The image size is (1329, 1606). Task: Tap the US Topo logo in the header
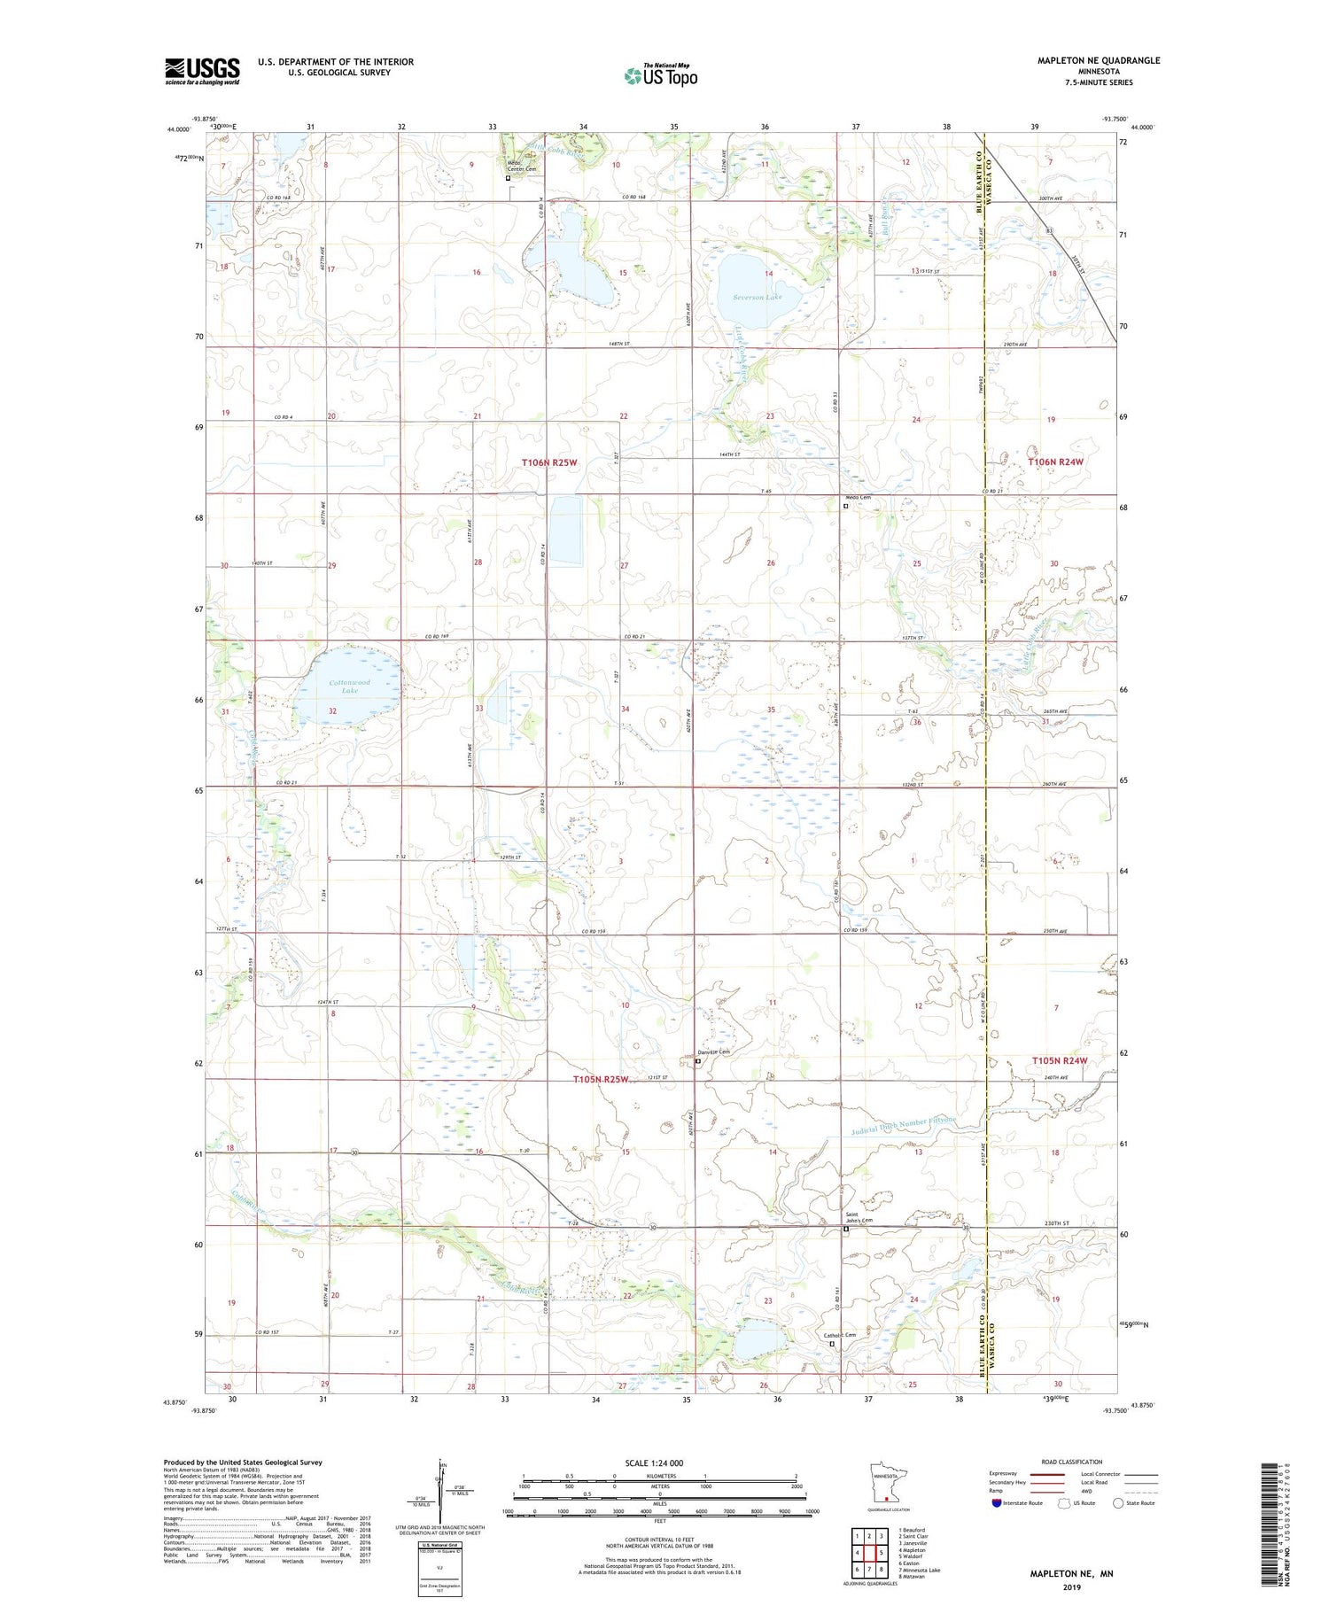661,76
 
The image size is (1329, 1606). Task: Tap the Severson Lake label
758,298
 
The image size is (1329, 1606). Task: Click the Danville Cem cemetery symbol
698,1060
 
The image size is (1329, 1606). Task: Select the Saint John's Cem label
858,1218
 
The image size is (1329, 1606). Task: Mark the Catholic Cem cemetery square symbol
832,1344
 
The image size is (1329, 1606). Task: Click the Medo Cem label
858,498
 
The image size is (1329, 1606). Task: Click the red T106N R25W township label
549,463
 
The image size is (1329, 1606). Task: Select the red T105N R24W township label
1059,1060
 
